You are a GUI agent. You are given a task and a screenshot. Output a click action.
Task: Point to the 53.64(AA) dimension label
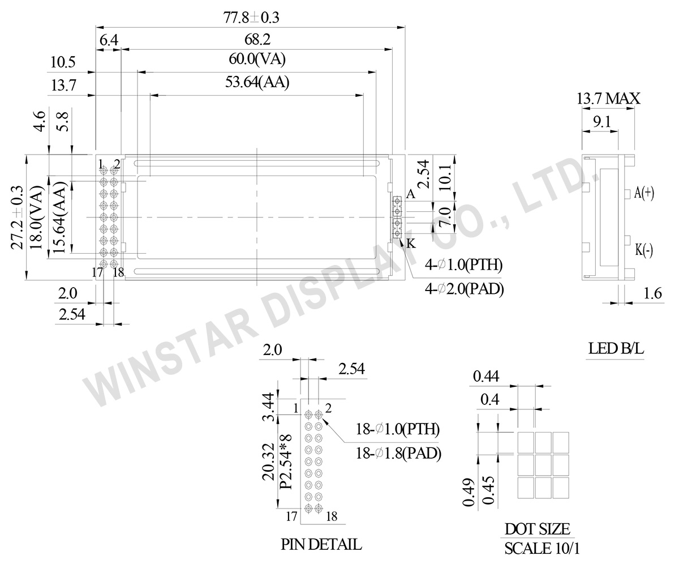coord(257,83)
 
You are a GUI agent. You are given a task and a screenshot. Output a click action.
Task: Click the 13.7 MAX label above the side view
coord(608,99)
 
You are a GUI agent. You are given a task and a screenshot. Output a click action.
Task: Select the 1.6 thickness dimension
coord(652,293)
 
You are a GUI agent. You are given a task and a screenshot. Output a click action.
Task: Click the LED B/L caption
coord(616,349)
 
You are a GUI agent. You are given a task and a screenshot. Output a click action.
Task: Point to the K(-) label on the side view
coord(644,250)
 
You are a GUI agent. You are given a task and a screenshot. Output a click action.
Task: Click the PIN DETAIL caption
coord(321,545)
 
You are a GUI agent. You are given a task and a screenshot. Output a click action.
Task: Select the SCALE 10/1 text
coord(542,548)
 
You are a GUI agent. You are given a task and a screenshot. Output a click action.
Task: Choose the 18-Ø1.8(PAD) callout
coord(398,453)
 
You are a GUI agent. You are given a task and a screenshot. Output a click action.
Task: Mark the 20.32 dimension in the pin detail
coord(269,462)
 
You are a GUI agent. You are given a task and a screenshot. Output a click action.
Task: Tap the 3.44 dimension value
coord(269,407)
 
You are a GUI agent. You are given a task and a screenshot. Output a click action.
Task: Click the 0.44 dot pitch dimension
coord(486,375)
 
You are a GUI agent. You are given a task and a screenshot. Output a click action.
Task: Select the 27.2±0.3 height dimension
coord(17,217)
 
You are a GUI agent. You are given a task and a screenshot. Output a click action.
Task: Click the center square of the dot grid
coord(543,464)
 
